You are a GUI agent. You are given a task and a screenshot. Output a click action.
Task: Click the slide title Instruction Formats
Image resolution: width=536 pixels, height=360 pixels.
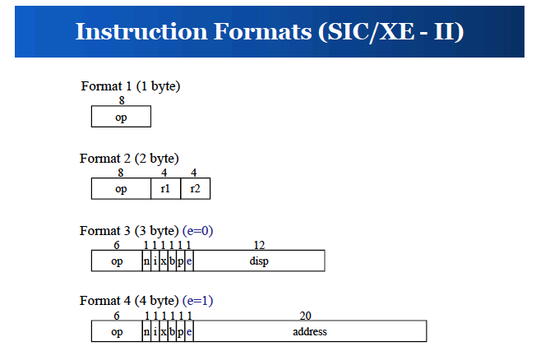coord(270,32)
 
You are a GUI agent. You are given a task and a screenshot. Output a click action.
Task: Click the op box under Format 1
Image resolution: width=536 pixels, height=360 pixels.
coord(121,116)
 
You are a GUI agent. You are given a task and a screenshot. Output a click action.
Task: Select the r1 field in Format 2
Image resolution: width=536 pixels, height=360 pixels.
coord(165,188)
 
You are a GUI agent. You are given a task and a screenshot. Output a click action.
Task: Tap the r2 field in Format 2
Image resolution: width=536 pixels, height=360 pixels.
coord(195,188)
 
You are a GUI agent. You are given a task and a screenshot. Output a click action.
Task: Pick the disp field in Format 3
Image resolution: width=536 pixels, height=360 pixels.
coord(259,261)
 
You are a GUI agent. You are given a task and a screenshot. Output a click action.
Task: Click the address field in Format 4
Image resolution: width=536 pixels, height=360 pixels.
coord(310,331)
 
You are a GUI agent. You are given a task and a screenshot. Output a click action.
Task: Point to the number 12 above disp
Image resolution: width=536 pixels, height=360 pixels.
coord(259,245)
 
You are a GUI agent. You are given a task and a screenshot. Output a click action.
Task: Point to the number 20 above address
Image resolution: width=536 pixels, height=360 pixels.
coord(305,316)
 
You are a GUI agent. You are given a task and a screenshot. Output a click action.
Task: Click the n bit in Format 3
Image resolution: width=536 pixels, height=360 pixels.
coord(146,261)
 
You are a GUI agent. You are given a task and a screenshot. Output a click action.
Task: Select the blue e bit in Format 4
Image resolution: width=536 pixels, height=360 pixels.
coord(189,331)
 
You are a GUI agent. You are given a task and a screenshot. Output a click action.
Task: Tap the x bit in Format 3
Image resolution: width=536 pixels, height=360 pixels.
coord(164,261)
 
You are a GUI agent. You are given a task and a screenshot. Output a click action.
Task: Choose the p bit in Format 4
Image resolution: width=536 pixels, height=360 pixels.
coord(181,331)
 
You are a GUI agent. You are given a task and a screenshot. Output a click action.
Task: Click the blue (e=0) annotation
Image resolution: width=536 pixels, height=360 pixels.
coord(197,231)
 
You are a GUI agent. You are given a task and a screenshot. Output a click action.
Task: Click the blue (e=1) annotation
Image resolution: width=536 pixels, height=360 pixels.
coord(197,301)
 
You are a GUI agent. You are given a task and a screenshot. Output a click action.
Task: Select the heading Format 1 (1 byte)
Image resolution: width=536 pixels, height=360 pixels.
coord(130,86)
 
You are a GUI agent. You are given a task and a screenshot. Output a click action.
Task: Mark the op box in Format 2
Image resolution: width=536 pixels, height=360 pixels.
coord(121,188)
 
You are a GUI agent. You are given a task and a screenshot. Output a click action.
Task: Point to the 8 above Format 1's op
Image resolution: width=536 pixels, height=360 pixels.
coord(122,100)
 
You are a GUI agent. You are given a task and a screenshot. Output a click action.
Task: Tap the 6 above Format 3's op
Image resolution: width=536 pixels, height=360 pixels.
coord(117,245)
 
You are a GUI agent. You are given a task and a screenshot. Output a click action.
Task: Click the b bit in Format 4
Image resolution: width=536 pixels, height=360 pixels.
coord(172,331)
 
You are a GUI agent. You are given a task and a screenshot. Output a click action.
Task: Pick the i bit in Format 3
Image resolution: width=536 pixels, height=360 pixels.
coord(155,261)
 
